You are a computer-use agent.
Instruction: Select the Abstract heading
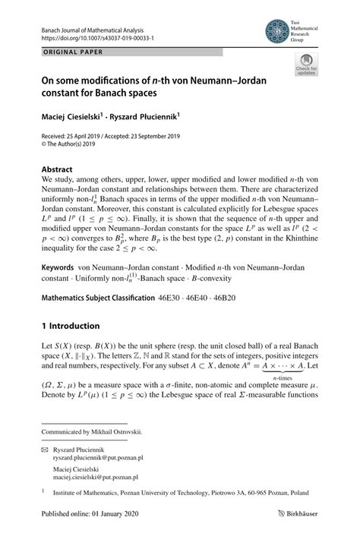(57, 169)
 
